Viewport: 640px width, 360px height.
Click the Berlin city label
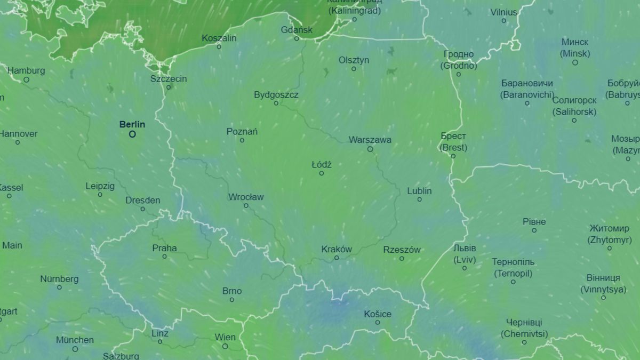(x=132, y=124)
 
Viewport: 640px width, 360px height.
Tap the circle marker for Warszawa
(x=370, y=149)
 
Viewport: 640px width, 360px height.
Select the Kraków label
(x=337, y=249)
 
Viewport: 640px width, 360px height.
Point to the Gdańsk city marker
(x=297, y=38)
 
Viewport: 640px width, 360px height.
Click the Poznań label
(x=242, y=131)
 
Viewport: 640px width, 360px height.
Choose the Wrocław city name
(x=246, y=197)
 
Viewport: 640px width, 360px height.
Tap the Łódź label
(x=322, y=165)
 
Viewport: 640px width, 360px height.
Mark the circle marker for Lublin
(x=419, y=199)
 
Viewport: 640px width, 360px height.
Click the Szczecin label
(x=169, y=79)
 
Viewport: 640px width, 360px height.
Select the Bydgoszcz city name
(x=276, y=95)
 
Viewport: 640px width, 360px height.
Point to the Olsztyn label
(x=354, y=60)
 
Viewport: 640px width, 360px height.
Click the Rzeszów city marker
(x=402, y=259)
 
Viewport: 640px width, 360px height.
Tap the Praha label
(x=164, y=248)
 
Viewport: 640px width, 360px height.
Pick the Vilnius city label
(x=504, y=12)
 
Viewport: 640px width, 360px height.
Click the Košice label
(x=378, y=314)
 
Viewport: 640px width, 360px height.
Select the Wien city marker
(x=225, y=346)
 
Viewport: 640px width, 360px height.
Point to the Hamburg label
(x=26, y=70)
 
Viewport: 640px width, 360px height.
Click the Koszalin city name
(x=219, y=38)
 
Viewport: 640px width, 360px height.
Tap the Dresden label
(x=142, y=201)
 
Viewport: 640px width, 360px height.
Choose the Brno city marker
(x=231, y=300)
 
